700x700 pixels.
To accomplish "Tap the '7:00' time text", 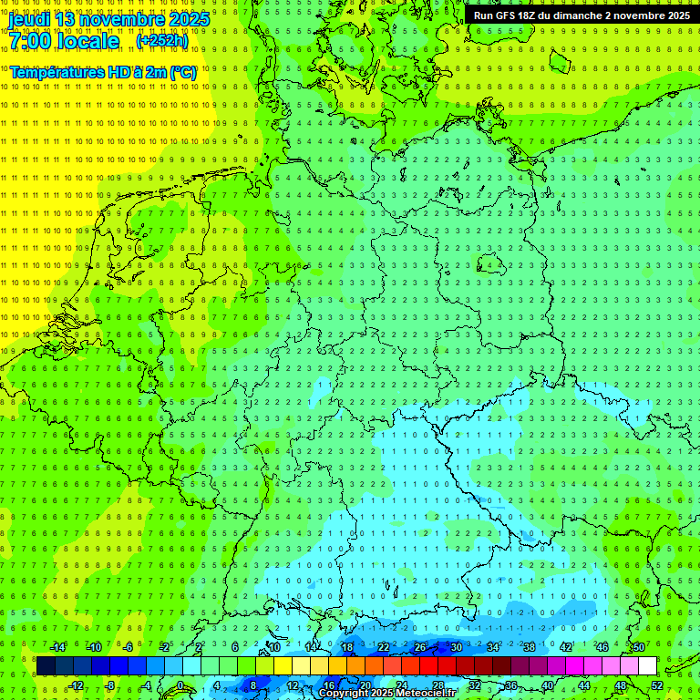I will click(31, 41).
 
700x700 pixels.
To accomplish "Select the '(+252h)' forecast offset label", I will click(162, 41).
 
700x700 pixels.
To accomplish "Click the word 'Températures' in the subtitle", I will click(55, 71).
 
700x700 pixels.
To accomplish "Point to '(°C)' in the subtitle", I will click(181, 71).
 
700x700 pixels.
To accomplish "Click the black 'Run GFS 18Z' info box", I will click(582, 15).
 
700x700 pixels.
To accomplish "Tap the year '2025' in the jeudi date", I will click(188, 19).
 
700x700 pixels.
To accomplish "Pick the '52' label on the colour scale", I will click(657, 685).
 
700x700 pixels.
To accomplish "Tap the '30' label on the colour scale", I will click(456, 647).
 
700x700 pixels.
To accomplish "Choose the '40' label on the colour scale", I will click(547, 685).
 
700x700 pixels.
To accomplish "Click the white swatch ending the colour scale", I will click(647, 666).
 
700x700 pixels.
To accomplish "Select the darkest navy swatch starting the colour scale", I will click(46, 666).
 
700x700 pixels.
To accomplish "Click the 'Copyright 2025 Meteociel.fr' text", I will click(387, 694).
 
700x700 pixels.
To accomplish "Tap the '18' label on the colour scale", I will click(346, 647).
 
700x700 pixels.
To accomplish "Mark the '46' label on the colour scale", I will click(602, 647).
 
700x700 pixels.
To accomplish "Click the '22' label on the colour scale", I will click(383, 647).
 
